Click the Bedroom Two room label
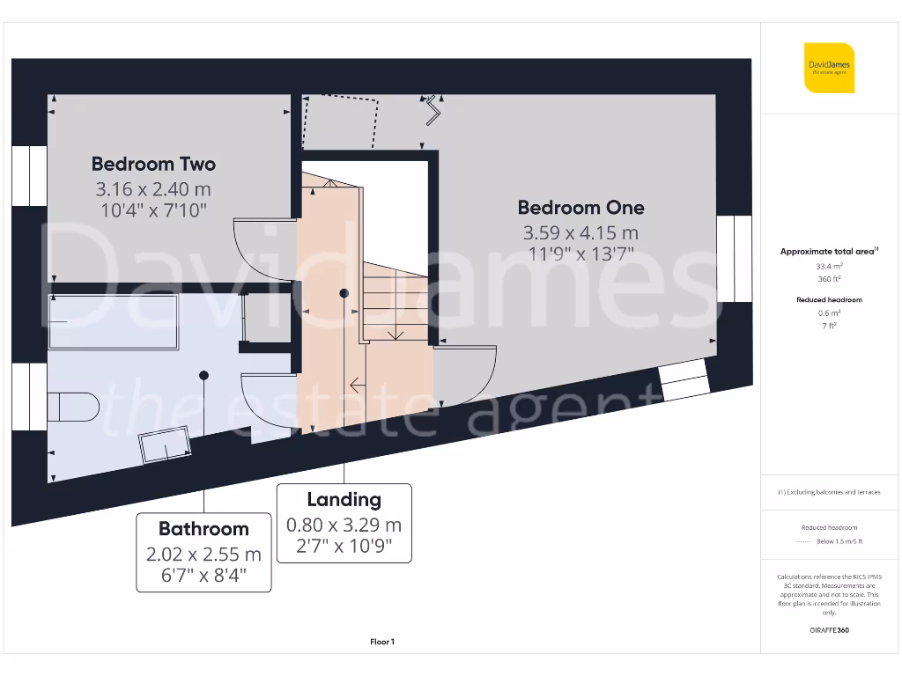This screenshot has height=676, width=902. pyautogui.click(x=153, y=164)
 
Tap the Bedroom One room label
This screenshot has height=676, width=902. pyautogui.click(x=580, y=208)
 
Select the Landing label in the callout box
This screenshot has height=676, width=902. pyautogui.click(x=344, y=500)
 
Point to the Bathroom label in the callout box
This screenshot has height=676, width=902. pyautogui.click(x=203, y=529)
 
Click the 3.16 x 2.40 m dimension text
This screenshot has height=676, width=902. pyautogui.click(x=153, y=189)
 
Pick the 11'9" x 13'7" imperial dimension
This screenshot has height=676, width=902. pyautogui.click(x=580, y=254)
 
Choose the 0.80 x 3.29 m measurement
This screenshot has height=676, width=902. pyautogui.click(x=344, y=525)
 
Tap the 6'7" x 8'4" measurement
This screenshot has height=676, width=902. pyautogui.click(x=203, y=577)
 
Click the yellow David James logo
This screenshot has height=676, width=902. pyautogui.click(x=829, y=68)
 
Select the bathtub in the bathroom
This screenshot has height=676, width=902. pyautogui.click(x=113, y=320)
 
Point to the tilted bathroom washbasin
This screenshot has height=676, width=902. pyautogui.click(x=166, y=444)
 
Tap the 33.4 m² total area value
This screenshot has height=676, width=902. pyautogui.click(x=829, y=265)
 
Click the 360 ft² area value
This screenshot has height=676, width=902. pyautogui.click(x=829, y=279)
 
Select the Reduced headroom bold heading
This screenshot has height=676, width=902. pyautogui.click(x=829, y=300)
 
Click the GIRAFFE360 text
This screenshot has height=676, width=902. pyautogui.click(x=829, y=630)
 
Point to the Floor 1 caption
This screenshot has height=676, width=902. pyautogui.click(x=382, y=643)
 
